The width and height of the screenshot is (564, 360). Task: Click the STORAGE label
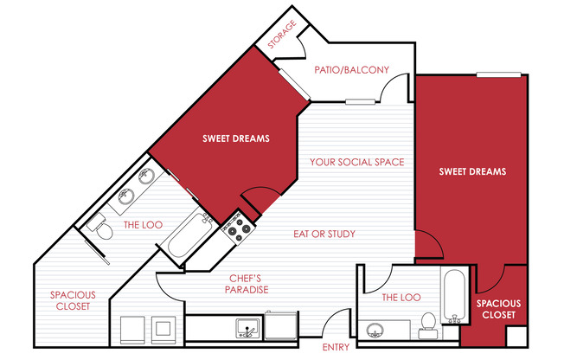282,35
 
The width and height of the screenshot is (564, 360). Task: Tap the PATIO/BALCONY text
352,70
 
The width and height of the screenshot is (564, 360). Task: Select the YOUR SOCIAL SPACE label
357,162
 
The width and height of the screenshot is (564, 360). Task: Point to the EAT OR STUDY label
324,234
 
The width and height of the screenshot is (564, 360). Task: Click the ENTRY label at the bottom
336,347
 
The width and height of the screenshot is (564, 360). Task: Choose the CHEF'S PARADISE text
247,284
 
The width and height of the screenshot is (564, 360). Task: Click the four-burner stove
237,227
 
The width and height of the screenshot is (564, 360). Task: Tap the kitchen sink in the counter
247,328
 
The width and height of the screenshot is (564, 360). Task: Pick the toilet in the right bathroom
428,325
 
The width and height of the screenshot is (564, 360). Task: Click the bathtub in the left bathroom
189,235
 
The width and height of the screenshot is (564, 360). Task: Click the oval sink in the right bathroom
375,330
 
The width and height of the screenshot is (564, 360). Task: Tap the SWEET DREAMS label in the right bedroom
472,171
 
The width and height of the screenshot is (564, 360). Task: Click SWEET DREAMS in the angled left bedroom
236,138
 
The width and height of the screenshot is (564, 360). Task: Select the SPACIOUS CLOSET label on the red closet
498,309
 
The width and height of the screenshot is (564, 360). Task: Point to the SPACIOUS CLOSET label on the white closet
73,300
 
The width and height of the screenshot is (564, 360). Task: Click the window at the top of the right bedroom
498,75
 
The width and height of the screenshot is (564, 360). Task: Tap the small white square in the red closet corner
516,337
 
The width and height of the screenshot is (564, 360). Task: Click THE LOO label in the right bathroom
401,298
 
